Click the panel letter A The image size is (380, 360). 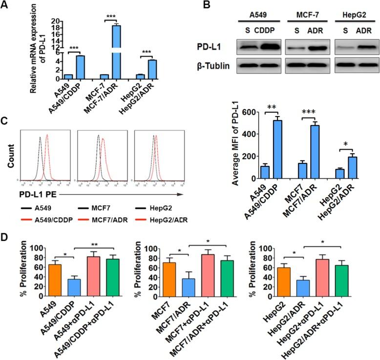(6, 6)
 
